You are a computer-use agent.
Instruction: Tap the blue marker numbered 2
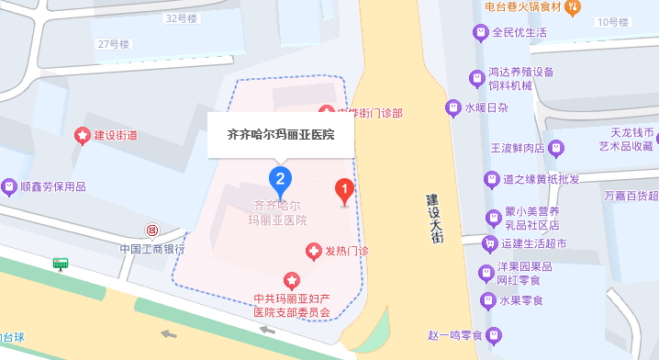point(280,177)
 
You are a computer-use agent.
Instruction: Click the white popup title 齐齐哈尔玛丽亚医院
point(280,135)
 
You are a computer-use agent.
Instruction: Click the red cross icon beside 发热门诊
point(313,251)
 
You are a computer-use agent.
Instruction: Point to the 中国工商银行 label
point(151,248)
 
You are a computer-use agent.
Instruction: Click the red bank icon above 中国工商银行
point(151,229)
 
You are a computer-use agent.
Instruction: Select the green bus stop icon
point(61,263)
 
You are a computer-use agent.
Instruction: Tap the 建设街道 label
point(116,135)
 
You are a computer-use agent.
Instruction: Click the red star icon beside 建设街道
point(84,135)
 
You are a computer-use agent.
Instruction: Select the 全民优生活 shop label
point(519,33)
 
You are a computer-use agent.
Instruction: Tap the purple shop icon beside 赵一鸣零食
point(495,335)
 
